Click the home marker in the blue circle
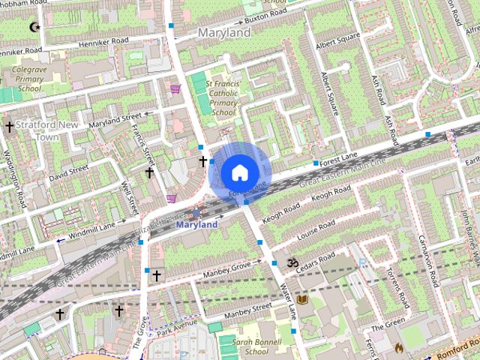[x=239, y=173]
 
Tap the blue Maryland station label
[x=196, y=224]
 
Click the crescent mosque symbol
[x=34, y=27]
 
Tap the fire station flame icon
[x=398, y=348]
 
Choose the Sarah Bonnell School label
[x=250, y=346]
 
